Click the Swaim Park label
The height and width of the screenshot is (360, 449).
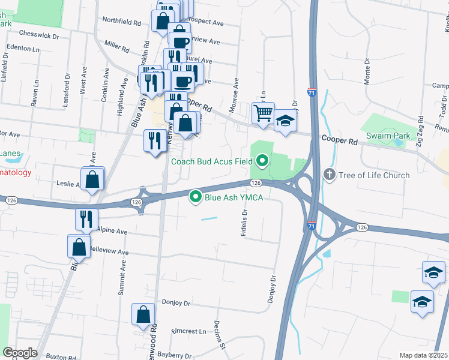pyautogui.click(x=389, y=136)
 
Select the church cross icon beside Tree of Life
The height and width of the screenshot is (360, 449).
pyautogui.click(x=329, y=175)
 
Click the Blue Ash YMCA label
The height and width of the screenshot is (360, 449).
pyautogui.click(x=235, y=196)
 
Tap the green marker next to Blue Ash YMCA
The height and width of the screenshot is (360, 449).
pyautogui.click(x=195, y=196)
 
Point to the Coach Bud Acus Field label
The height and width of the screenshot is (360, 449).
pyautogui.click(x=211, y=161)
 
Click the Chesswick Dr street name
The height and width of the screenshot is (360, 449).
pyautogui.click(x=39, y=35)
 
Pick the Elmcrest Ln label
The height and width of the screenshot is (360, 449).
pyautogui.click(x=189, y=331)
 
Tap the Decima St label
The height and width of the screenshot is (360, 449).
pyautogui.click(x=220, y=340)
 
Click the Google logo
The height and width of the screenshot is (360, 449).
pyautogui.click(x=20, y=353)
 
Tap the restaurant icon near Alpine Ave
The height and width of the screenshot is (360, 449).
pyautogui.click(x=86, y=220)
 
